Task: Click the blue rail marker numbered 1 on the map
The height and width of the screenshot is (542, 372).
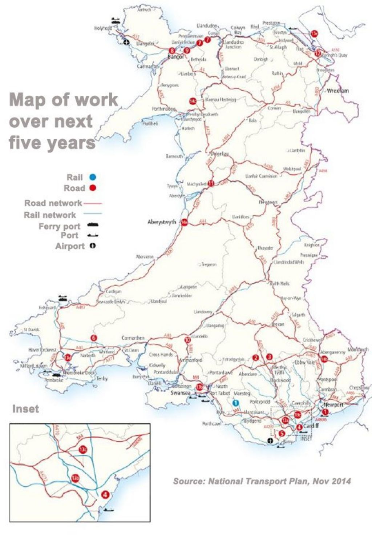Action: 235,403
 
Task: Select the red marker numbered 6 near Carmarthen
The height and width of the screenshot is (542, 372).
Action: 94,338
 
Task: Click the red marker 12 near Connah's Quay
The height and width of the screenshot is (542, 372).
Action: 318,53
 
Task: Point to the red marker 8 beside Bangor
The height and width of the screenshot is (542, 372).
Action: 172,51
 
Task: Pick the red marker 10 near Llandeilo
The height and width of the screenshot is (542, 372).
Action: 187,340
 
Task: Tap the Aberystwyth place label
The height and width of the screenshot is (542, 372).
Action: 162,222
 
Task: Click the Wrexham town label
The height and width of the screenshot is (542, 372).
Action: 337,91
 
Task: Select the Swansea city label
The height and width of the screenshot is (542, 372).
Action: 181,393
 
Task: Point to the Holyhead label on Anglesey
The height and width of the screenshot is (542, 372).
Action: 103,28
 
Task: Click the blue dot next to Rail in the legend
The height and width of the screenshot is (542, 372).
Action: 93,178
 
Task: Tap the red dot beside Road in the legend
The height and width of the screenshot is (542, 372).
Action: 93,188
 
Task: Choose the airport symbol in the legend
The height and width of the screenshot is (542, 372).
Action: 93,246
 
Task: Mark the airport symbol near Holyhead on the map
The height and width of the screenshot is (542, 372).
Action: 126,43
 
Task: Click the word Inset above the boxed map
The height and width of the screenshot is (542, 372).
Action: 25,409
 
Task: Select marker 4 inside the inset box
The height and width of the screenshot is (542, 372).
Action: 105,494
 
